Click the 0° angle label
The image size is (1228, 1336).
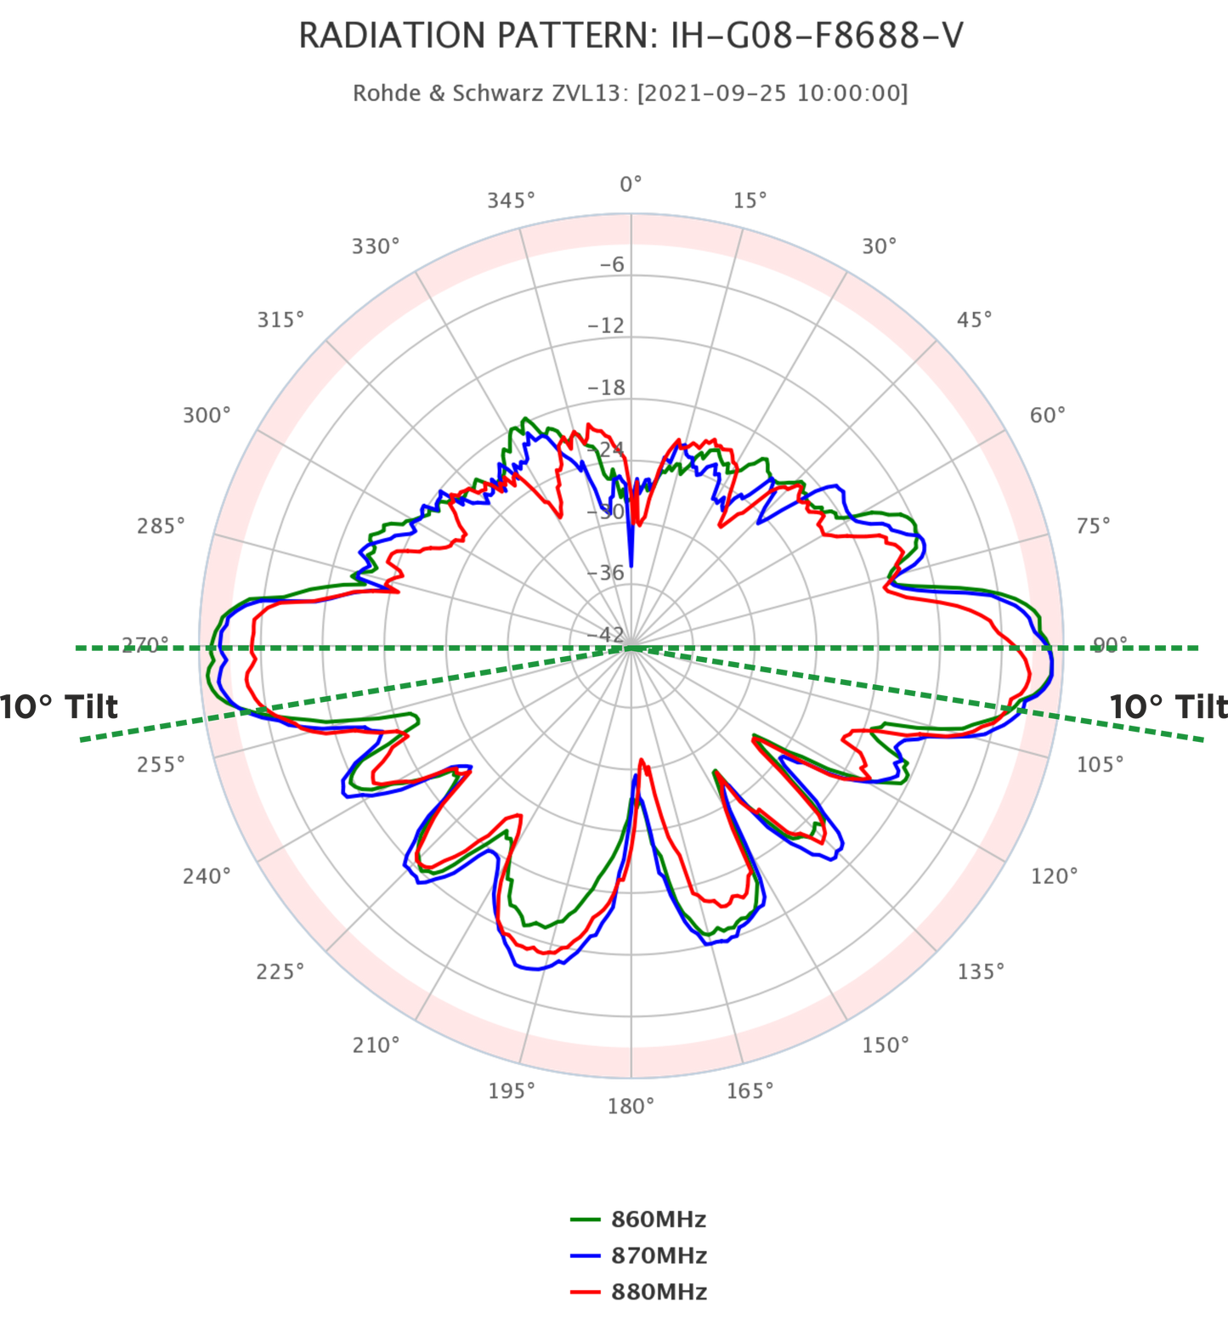coord(631,184)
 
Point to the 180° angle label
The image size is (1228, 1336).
coord(631,1106)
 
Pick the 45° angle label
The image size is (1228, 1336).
coord(973,320)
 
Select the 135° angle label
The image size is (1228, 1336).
coord(980,971)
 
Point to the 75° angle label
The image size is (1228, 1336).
coord(1093,526)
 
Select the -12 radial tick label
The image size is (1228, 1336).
coord(606,325)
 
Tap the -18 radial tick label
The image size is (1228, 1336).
coord(606,387)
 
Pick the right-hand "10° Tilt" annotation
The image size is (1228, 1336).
coord(1168,706)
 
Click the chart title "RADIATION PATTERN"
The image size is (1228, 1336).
coord(631,36)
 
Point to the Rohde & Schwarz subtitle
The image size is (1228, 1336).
coord(631,93)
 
